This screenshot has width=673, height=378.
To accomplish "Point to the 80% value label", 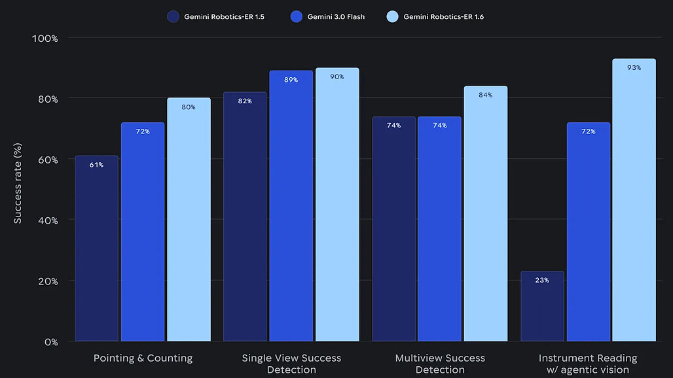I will coord(189,107).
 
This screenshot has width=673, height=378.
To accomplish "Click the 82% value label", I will coord(245,101).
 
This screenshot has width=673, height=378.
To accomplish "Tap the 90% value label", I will coord(337,77).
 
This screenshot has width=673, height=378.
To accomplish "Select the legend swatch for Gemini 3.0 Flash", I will coord(296,16).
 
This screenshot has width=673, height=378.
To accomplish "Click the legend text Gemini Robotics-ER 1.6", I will coord(443,16).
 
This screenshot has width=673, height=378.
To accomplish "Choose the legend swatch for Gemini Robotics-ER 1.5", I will coord(173,16).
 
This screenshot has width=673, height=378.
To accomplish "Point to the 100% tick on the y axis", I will coord(45,38).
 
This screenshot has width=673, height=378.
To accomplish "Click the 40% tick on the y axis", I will coord(46,220).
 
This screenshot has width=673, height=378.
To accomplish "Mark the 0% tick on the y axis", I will coord(51,341).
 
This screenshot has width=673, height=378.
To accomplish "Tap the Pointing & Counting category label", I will coord(143,358).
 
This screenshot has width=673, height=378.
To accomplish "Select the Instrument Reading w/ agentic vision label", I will coord(588,364).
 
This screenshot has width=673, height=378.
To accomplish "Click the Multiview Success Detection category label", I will coord(440,364).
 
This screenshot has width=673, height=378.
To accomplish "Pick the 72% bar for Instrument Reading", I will coord(588,232).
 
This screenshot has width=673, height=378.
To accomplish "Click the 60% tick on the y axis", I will coord(46,160).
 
